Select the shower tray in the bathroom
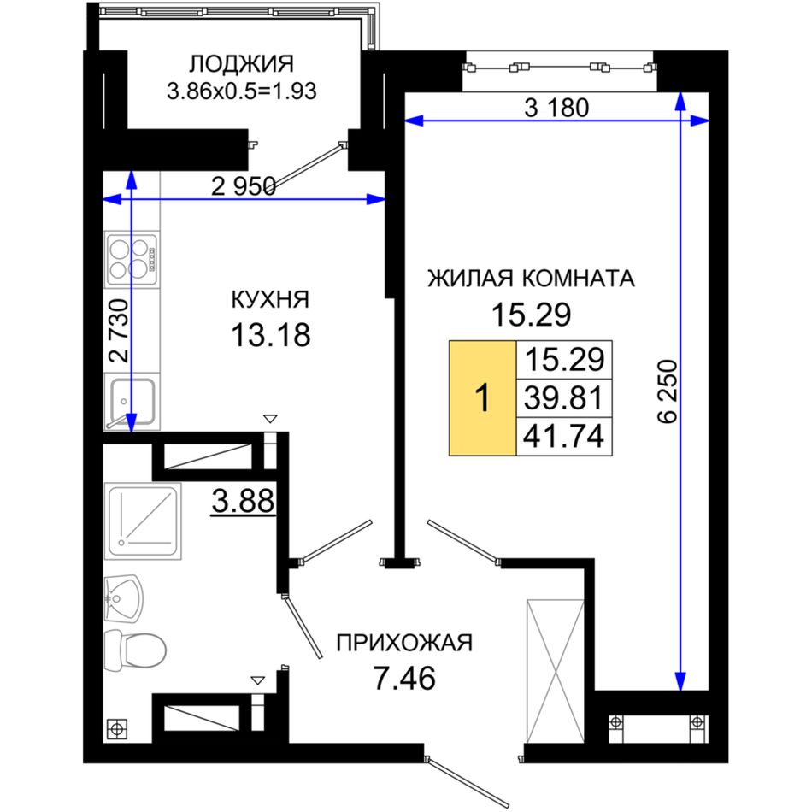pos(143,521)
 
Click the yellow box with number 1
pos(482,398)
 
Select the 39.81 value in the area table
pos(564,398)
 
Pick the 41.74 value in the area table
pos(564,436)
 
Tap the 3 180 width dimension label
pos(556,108)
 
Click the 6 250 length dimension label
pos(668,391)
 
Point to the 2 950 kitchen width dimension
pos(244,186)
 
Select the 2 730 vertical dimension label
pos(119,331)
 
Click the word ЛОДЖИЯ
pos(241,64)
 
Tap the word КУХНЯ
pos(270,300)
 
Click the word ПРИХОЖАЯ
pos(404,643)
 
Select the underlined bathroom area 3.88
pos(243,502)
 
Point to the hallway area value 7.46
pos(404,678)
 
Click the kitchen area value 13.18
pos(270,334)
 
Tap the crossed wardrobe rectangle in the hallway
pos(556,671)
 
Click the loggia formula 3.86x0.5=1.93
pos(241,91)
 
